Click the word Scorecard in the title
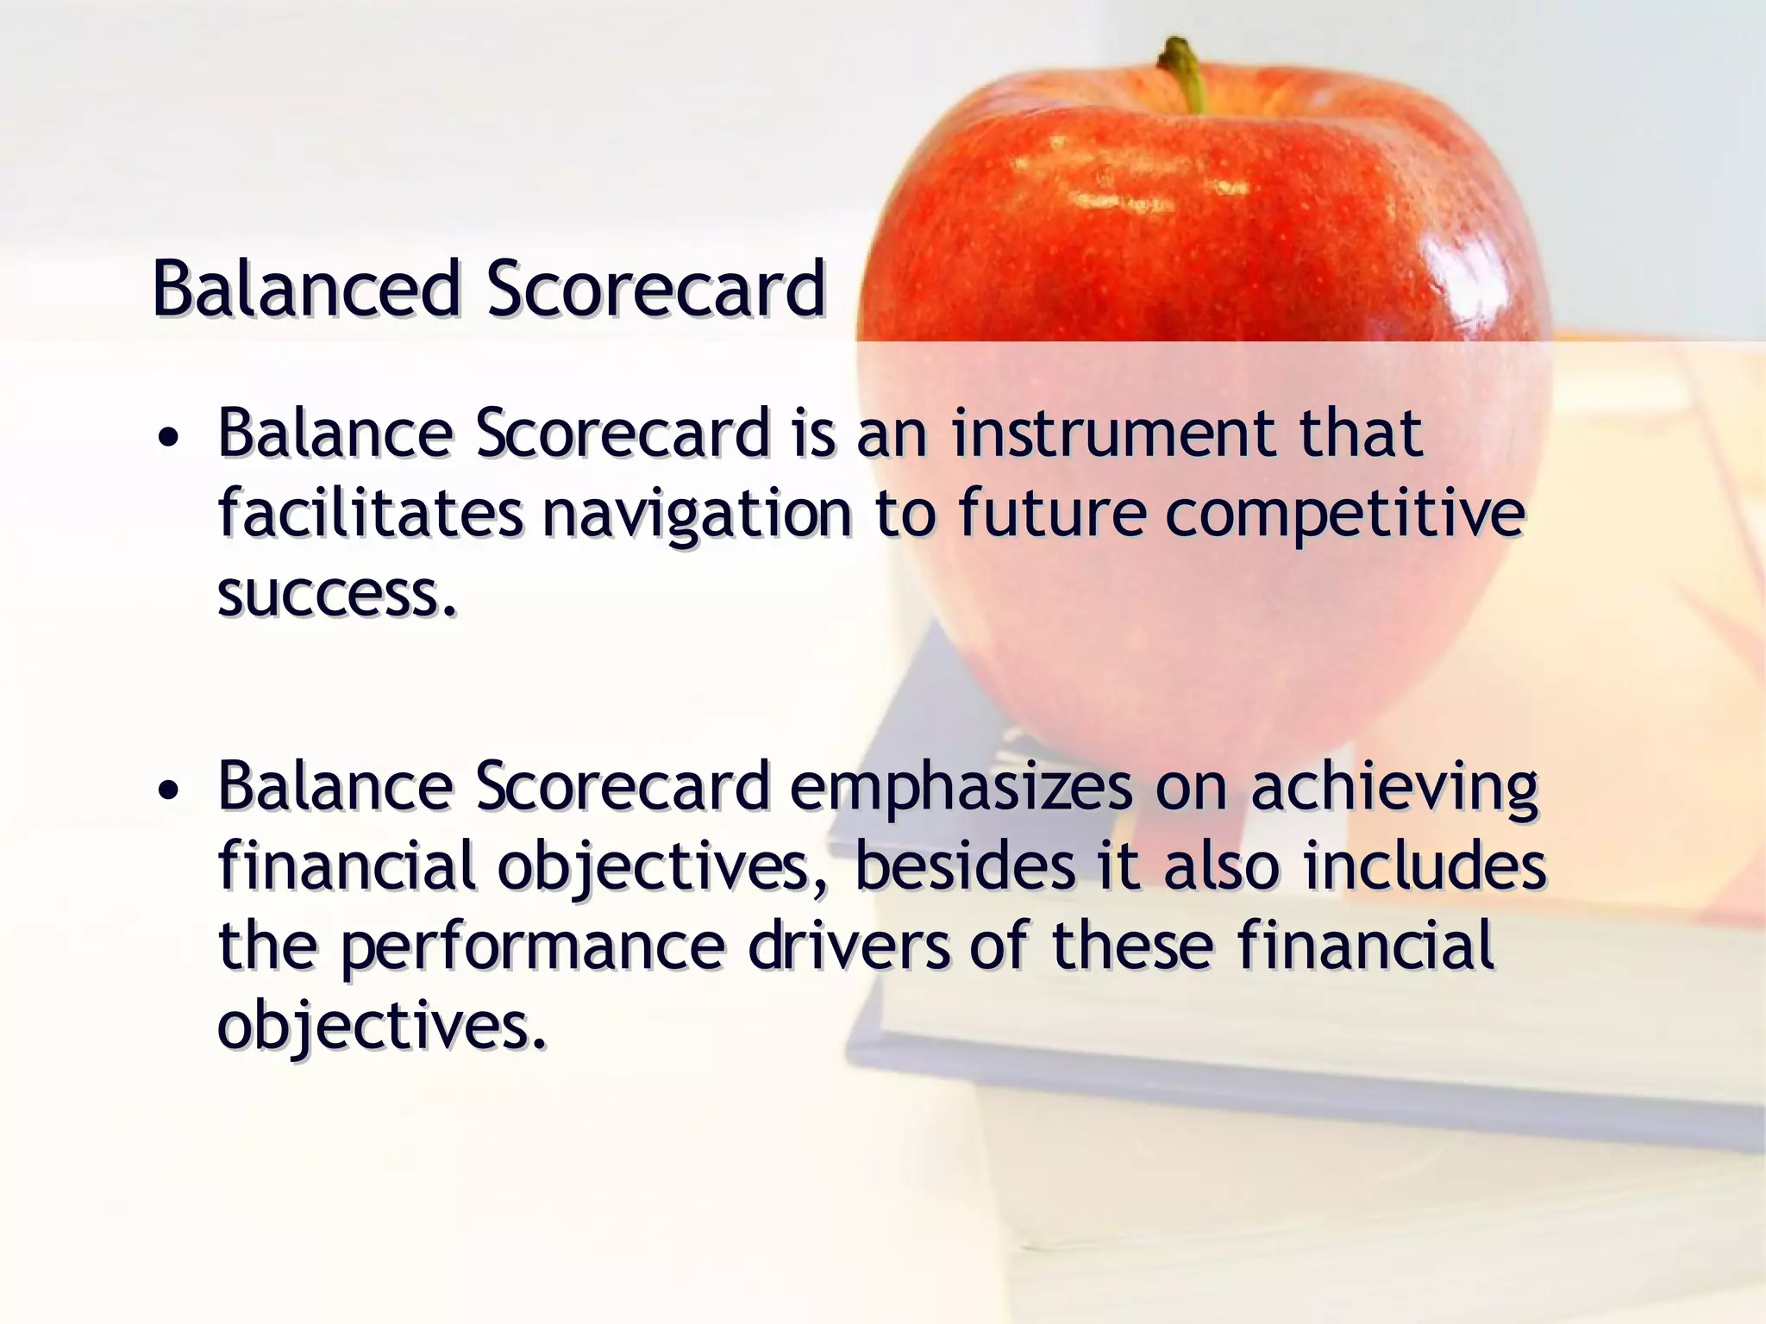coord(655,289)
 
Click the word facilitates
coord(369,514)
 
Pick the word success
coord(336,595)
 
